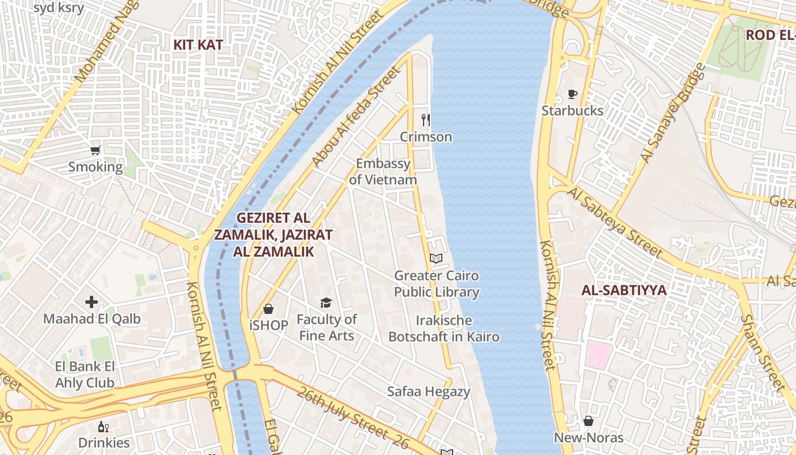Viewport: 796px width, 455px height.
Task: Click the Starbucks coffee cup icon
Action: pyautogui.click(x=572, y=94)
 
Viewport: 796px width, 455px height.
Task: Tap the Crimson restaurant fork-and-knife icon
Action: pyautogui.click(x=425, y=120)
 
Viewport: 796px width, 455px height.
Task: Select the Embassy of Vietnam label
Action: pyautogui.click(x=383, y=172)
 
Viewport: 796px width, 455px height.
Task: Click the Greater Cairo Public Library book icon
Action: pyautogui.click(x=436, y=259)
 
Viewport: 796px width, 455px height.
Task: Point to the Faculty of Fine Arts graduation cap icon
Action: pyautogui.click(x=326, y=303)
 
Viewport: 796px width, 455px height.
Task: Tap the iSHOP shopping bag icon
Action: pyautogui.click(x=268, y=309)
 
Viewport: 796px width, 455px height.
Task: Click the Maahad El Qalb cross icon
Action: pyautogui.click(x=92, y=301)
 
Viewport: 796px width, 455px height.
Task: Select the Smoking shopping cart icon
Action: pyautogui.click(x=95, y=151)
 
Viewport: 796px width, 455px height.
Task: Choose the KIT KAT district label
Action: pyautogui.click(x=198, y=44)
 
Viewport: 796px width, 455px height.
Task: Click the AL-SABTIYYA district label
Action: pyautogui.click(x=623, y=291)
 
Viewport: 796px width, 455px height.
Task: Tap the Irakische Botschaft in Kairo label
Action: pyautogui.click(x=444, y=328)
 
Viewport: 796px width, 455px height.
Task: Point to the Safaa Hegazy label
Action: pyautogui.click(x=429, y=391)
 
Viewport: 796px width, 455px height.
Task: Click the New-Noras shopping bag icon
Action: pyautogui.click(x=588, y=421)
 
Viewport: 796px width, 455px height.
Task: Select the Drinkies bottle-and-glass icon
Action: pyautogui.click(x=103, y=427)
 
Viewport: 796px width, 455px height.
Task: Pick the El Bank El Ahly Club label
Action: pyautogui.click(x=85, y=374)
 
